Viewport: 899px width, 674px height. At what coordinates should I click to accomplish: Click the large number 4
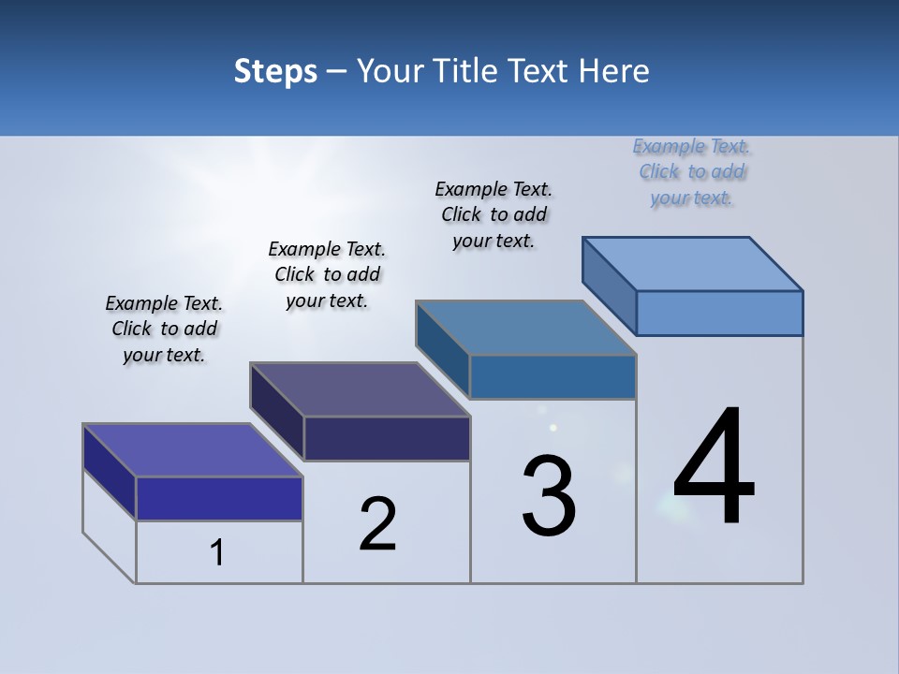(x=714, y=467)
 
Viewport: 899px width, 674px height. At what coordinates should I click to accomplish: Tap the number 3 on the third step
(x=549, y=496)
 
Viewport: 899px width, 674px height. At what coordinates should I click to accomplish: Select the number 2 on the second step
(x=377, y=524)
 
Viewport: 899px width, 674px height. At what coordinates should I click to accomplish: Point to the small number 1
(x=217, y=552)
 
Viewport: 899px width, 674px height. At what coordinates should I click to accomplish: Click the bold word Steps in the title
(x=275, y=71)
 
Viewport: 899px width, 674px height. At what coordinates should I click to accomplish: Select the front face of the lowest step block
(x=219, y=498)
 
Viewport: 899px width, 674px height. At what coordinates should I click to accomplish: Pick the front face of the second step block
(x=387, y=438)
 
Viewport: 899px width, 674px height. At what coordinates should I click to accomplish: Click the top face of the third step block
(x=526, y=328)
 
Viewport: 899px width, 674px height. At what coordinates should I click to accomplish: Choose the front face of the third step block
(x=553, y=376)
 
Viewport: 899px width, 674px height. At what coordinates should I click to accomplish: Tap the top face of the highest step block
(x=693, y=264)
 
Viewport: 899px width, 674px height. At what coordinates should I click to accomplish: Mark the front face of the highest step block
(x=719, y=313)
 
